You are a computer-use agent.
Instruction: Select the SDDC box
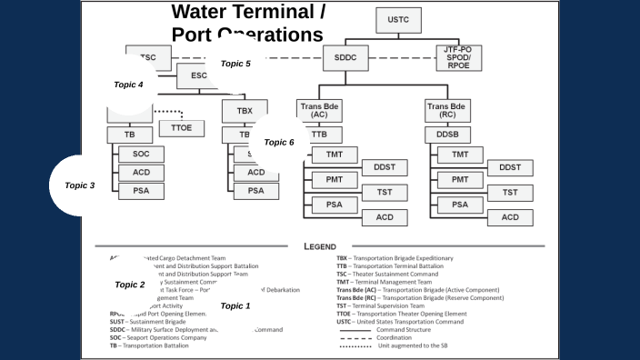tap(345, 56)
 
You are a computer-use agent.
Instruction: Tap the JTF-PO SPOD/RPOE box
tap(457, 56)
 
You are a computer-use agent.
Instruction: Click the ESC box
tap(199, 75)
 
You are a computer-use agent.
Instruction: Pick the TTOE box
tap(181, 128)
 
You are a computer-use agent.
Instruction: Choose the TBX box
tap(245, 110)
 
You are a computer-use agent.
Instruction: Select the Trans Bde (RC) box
tap(447, 111)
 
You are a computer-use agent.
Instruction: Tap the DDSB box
tap(447, 135)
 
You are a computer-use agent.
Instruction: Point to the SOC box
tap(141, 154)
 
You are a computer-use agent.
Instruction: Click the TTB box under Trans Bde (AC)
tap(320, 135)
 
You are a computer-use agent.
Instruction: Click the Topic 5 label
tap(235, 64)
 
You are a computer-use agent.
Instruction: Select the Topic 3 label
tap(80, 185)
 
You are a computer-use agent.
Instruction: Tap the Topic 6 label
tap(279, 143)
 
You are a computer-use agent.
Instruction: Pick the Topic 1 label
tap(235, 306)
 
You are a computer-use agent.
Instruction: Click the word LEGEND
tap(319, 245)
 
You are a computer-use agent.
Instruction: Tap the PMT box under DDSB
tap(460, 180)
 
